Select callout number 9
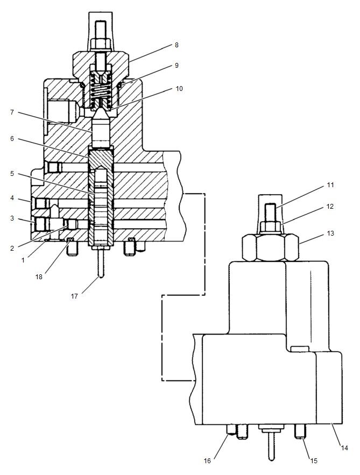pyautogui.click(x=176, y=66)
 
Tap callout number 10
pyautogui.click(x=179, y=89)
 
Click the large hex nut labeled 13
pyautogui.click(x=271, y=248)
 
